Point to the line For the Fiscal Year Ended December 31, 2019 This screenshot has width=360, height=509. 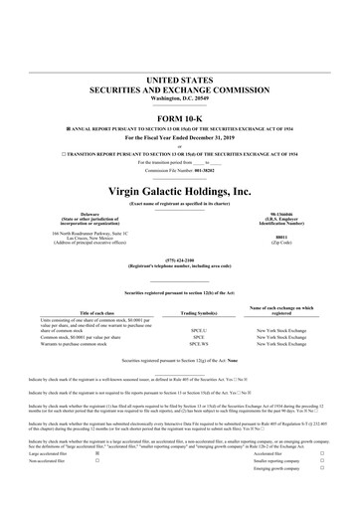click(180, 139)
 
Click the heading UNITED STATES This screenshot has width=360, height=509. click(180, 79)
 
